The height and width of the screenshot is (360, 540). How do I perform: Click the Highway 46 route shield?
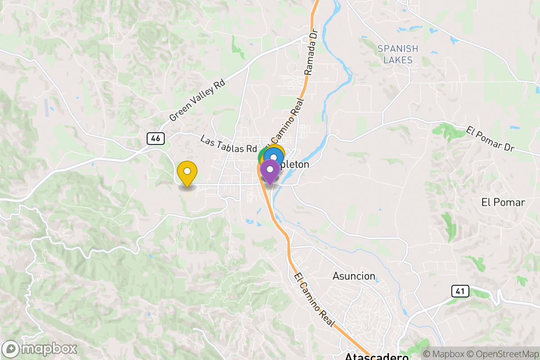(156, 139)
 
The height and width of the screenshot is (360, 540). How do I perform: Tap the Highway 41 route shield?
(459, 291)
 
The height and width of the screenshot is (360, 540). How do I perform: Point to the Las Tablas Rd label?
(228, 145)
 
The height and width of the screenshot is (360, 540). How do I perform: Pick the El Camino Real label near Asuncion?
(315, 300)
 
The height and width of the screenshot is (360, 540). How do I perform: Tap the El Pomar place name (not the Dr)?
(503, 202)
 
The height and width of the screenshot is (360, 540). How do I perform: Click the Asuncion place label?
(354, 276)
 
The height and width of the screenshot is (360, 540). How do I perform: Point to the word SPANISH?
(398, 49)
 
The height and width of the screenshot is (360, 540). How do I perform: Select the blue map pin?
(273, 157)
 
